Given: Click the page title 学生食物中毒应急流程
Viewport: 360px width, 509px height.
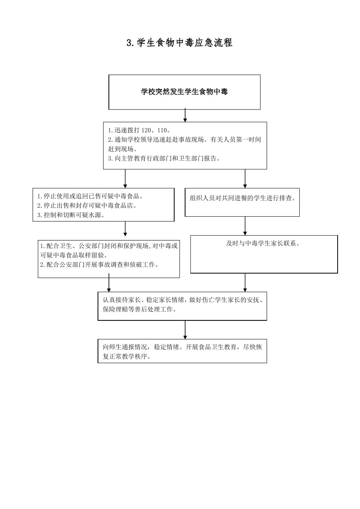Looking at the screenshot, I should (x=180, y=43).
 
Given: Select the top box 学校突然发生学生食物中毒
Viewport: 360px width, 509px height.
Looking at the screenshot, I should (x=185, y=92).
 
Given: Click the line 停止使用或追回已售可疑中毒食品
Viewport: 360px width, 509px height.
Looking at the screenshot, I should (x=91, y=196).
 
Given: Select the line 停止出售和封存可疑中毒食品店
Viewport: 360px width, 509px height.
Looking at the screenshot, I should (x=87, y=206).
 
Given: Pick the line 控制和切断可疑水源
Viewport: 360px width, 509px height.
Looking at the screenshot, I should (x=71, y=215).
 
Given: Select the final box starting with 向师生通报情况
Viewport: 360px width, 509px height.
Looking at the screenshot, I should (x=182, y=351).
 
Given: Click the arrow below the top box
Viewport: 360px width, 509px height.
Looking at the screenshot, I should (x=185, y=116).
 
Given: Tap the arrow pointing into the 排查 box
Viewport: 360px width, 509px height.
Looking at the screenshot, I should (x=245, y=179).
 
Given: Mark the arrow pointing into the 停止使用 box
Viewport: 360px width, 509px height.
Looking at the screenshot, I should (x=125, y=179).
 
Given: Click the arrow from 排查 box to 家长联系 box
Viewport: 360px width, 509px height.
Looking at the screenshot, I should (x=245, y=226).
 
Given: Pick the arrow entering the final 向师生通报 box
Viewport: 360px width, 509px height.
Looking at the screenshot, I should (x=185, y=330).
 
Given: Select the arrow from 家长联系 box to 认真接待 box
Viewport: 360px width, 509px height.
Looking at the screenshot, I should (x=245, y=283).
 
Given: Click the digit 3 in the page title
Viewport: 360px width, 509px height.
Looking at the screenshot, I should (x=129, y=43).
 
